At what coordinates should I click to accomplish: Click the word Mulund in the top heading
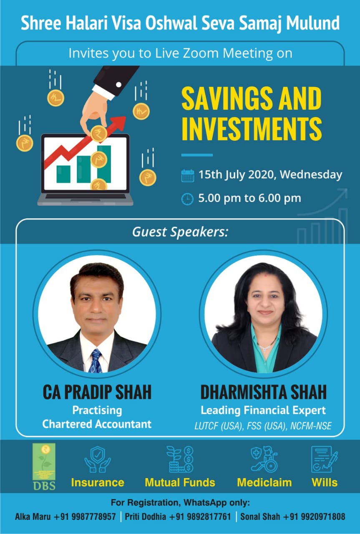312,23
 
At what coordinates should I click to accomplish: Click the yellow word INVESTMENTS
252,128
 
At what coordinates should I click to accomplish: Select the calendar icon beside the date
187,176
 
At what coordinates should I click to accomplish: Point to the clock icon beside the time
187,199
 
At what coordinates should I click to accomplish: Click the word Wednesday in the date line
311,174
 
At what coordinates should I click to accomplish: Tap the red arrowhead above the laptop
119,123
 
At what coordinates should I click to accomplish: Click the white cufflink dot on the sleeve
118,84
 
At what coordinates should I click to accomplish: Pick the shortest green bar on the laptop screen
63,174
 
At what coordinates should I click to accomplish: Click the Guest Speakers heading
180,232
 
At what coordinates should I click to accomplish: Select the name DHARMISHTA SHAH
264,392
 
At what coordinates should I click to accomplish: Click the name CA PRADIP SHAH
97,392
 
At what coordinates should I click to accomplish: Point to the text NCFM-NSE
311,426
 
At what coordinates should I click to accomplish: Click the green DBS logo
44,467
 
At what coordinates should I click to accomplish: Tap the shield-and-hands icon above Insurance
98,459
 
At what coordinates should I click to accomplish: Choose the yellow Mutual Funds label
180,483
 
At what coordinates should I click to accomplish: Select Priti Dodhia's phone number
200,516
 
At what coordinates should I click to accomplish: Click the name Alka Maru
33,516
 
